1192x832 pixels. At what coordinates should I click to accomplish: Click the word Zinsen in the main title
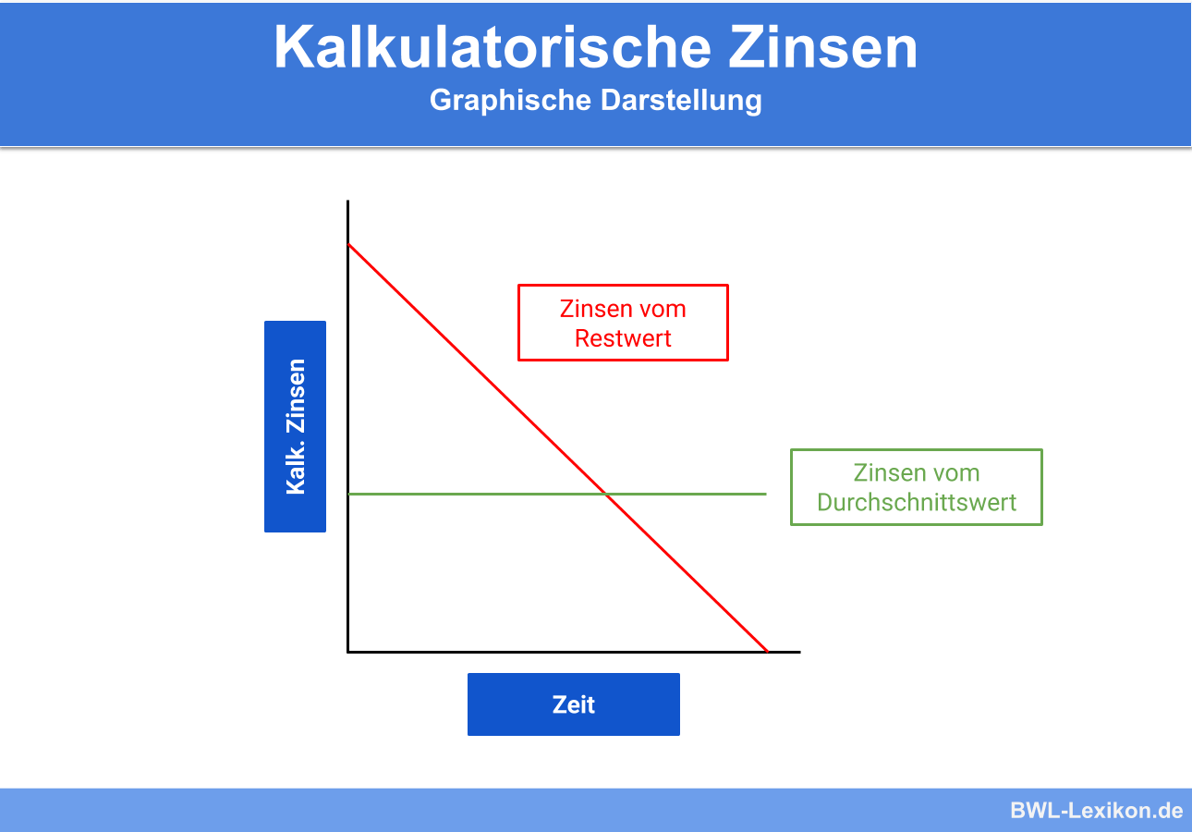coord(823,47)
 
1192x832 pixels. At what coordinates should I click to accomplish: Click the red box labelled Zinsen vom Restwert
coord(623,323)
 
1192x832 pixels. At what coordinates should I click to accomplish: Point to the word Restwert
coord(623,338)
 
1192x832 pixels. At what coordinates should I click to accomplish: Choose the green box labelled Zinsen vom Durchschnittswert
coord(916,487)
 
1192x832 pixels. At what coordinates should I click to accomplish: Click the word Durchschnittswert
coord(917,502)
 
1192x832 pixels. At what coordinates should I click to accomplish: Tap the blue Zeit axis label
coord(573,704)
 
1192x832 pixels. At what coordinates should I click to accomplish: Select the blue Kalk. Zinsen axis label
coord(295,426)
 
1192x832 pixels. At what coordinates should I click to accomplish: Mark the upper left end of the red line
coord(349,245)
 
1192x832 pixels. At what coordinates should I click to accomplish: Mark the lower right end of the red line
coord(767,650)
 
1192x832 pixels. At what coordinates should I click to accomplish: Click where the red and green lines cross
coord(606,495)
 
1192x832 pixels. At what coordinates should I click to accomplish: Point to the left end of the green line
coord(349,495)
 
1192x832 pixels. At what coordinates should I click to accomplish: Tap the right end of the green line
coord(766,495)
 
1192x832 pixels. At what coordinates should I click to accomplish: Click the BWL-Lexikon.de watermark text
coord(1096,811)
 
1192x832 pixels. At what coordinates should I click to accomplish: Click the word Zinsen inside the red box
coord(596,309)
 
